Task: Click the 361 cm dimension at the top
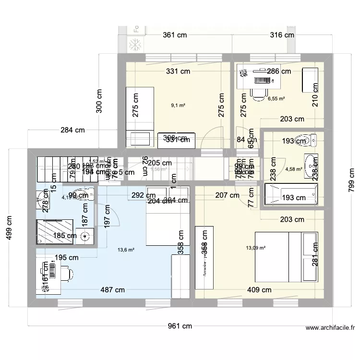click(175, 35)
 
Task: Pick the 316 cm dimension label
click(282, 35)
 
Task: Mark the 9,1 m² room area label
click(178, 105)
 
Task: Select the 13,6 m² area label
click(126, 250)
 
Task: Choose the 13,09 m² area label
click(255, 248)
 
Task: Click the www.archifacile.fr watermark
click(330, 329)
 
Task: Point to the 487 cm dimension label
click(113, 289)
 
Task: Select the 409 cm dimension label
click(259, 289)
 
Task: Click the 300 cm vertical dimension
click(99, 101)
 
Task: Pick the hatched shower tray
click(55, 231)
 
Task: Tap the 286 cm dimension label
click(279, 72)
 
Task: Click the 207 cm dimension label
click(227, 195)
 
